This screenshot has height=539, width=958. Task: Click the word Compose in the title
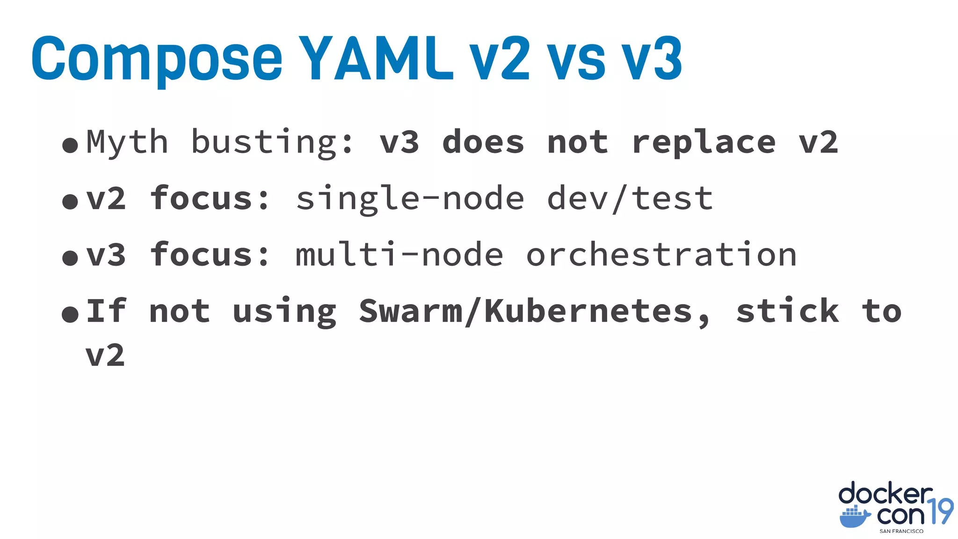pos(157,58)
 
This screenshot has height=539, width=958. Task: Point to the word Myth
pos(127,142)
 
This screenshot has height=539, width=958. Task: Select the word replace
pos(704,142)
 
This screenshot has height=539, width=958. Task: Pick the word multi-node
pos(399,255)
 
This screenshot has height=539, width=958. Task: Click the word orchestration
pos(661,255)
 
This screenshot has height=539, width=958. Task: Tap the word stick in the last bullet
pos(788,311)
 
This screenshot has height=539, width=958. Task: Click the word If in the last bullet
pos(106,311)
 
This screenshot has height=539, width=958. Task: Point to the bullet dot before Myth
pos(70,145)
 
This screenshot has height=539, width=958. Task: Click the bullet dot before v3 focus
pos(70,258)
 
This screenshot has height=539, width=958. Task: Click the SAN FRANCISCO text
pos(901,531)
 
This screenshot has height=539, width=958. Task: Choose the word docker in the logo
pos(885,494)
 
